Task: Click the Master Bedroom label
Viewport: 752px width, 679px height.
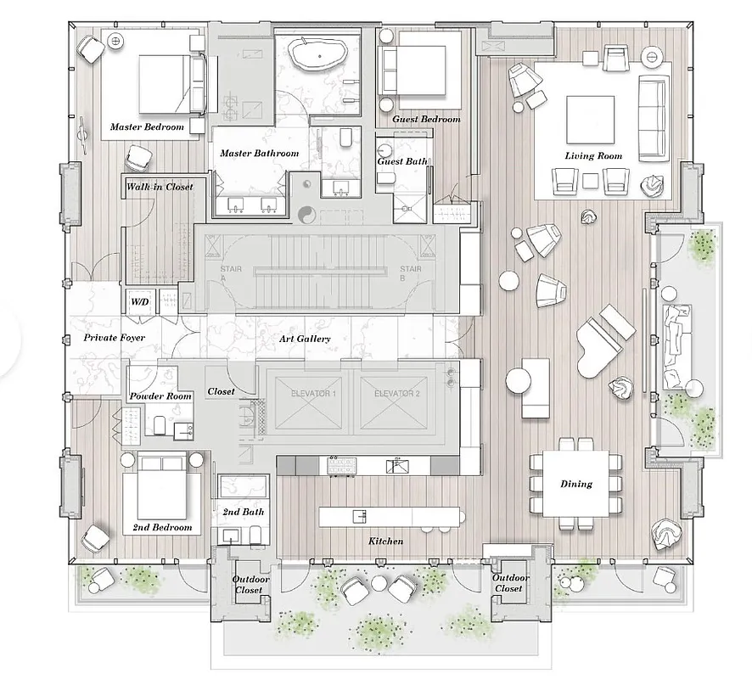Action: (x=147, y=127)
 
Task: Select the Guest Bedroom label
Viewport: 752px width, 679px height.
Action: (x=426, y=120)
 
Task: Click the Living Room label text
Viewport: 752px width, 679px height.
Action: (x=593, y=156)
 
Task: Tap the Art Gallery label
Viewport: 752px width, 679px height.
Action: (x=304, y=339)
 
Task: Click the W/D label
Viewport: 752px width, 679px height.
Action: (x=138, y=301)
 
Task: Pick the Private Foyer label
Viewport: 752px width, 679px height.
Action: (x=114, y=338)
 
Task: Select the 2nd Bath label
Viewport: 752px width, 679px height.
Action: (x=243, y=512)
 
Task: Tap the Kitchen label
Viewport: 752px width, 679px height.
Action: (x=385, y=541)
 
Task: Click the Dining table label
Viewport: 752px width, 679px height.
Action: (x=576, y=485)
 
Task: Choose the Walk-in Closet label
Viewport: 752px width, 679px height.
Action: (x=159, y=187)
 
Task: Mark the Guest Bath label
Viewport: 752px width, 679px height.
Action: (x=401, y=161)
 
